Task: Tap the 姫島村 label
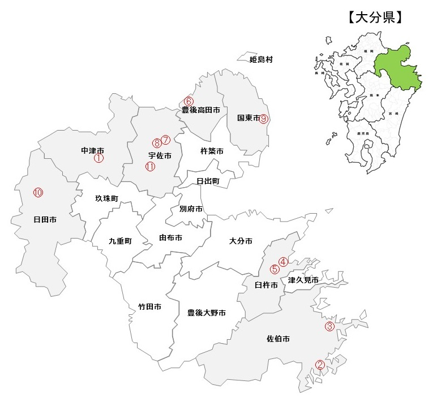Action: click(261, 59)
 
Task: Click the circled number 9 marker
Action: click(264, 119)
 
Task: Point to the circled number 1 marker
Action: click(98, 159)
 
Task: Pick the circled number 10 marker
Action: click(38, 192)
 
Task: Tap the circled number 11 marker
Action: click(150, 166)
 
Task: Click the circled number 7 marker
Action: click(165, 139)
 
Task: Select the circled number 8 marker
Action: click(157, 143)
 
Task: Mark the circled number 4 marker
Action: click(283, 261)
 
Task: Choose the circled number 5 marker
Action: click(275, 269)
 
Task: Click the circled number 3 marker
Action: click(329, 326)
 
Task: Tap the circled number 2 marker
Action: click(320, 365)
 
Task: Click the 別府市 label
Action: click(191, 209)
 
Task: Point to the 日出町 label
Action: click(208, 181)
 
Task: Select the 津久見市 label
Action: click(303, 280)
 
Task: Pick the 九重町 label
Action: click(120, 241)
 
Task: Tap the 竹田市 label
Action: click(150, 307)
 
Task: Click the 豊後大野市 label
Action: click(207, 313)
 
